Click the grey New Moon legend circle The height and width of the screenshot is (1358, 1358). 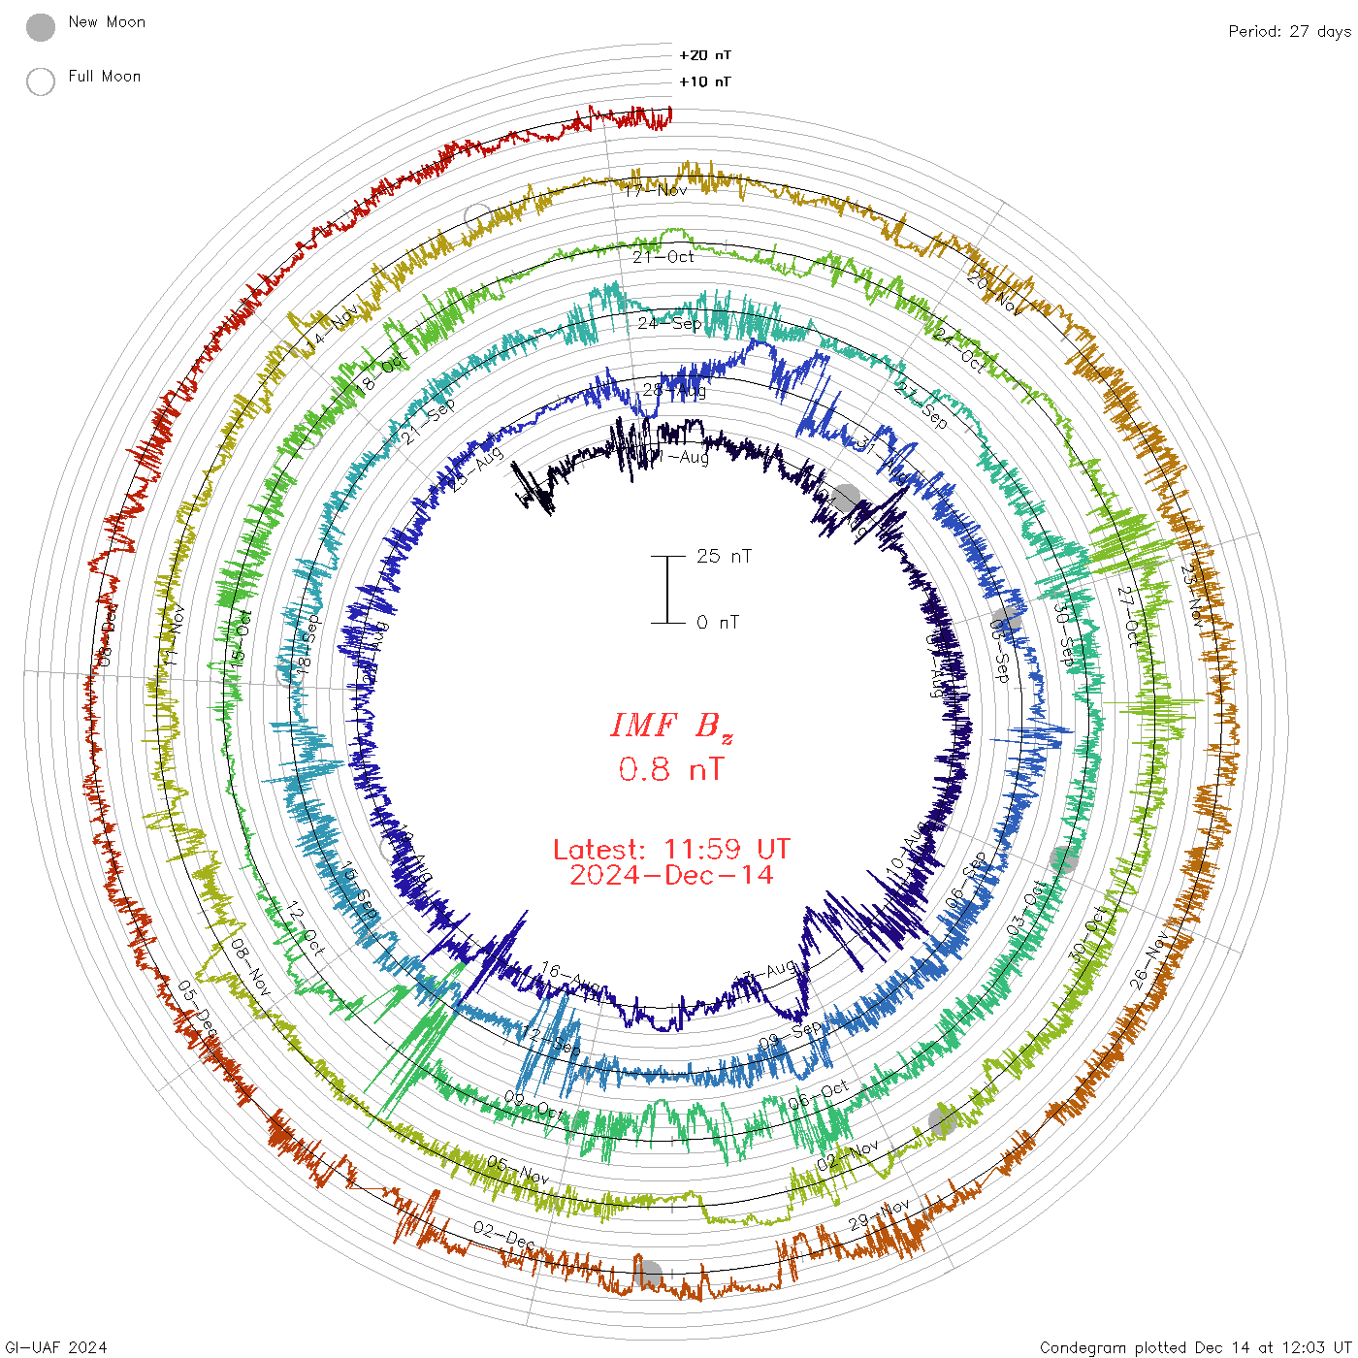click(41, 27)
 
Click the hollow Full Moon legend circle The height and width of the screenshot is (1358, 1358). click(41, 81)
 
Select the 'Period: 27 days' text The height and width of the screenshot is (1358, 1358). click(1289, 31)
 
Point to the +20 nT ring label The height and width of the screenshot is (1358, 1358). click(705, 55)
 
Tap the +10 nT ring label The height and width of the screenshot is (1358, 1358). click(705, 81)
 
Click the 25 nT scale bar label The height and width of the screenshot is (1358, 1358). click(724, 556)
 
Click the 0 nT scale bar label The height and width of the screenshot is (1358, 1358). click(718, 622)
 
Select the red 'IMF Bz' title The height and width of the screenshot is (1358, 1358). click(671, 726)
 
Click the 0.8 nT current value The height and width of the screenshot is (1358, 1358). click(671, 769)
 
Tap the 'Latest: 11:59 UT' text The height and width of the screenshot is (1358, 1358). click(671, 850)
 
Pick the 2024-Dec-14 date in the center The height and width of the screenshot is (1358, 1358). click(671, 875)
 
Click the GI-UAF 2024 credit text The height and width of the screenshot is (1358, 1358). click(54, 1347)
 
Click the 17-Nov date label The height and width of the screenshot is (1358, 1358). click(656, 190)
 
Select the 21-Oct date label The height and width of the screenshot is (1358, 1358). click(663, 257)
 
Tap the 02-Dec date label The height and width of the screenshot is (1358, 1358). click(503, 1235)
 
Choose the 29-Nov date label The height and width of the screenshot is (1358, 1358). click(879, 1214)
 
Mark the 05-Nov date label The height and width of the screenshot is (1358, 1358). click(518, 1170)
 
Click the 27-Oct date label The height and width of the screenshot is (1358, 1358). click(1129, 617)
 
